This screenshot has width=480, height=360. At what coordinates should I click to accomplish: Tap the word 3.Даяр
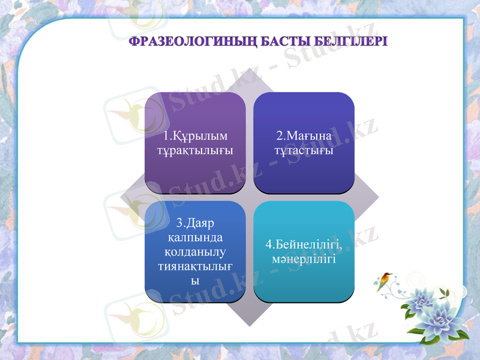click(195, 223)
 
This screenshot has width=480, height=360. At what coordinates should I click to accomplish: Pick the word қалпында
click(195, 238)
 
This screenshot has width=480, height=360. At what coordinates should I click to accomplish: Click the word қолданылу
click(195, 251)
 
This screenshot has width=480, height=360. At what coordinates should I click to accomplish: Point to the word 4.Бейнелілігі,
click(304, 246)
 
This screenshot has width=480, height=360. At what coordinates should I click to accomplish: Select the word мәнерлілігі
click(304, 260)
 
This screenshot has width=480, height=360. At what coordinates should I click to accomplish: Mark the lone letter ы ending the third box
click(195, 280)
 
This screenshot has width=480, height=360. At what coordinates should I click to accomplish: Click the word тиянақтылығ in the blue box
click(195, 266)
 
